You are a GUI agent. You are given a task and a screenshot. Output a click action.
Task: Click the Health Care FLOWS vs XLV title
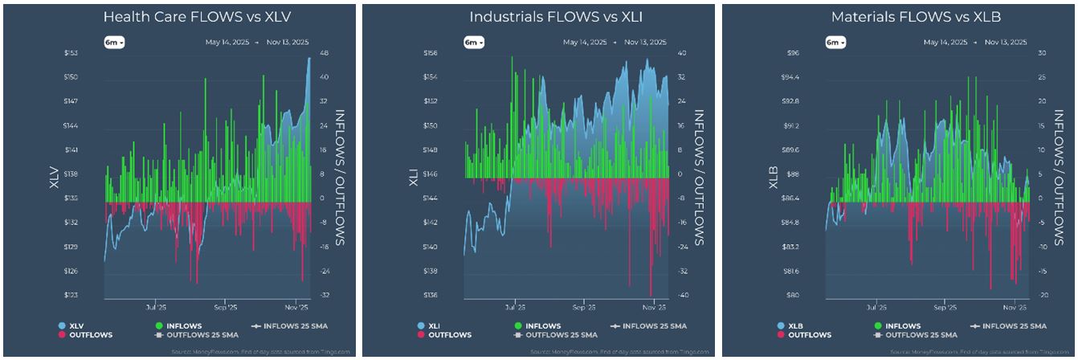point(178,17)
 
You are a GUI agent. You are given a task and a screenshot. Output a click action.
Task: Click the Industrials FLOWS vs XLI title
point(538,17)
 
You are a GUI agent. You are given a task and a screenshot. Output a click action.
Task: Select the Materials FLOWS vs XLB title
point(899,17)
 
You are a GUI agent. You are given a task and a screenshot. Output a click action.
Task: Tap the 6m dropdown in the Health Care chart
point(114,42)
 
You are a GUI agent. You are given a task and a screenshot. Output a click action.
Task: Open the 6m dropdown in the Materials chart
point(835,42)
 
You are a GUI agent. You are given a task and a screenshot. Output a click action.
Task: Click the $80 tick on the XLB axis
point(792,295)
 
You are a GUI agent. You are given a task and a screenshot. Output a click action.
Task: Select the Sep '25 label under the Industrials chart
point(584,308)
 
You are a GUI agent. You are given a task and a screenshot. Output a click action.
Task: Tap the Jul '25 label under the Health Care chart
point(156,308)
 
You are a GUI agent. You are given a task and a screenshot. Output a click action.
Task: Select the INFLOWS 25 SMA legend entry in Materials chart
point(1011,325)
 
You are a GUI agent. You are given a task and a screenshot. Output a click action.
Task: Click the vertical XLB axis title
point(774,174)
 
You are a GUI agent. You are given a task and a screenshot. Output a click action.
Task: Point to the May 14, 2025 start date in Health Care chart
point(224,42)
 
